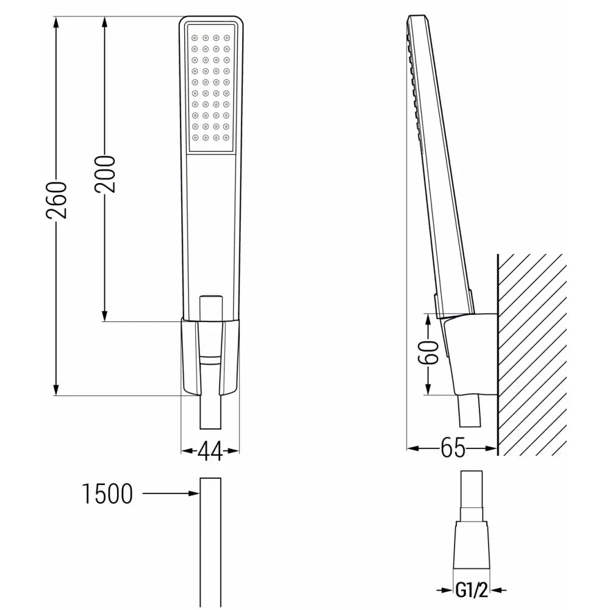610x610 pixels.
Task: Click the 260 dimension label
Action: coord(57,200)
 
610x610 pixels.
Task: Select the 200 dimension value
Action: coord(105,174)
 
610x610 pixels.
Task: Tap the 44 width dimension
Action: coord(210,451)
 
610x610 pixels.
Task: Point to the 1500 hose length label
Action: coord(107,494)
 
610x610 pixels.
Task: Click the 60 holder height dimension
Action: coord(431,353)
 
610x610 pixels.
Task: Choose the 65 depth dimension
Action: coord(453,449)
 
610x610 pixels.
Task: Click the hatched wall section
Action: coord(531,354)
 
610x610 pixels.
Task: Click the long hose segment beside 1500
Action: coord(210,543)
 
